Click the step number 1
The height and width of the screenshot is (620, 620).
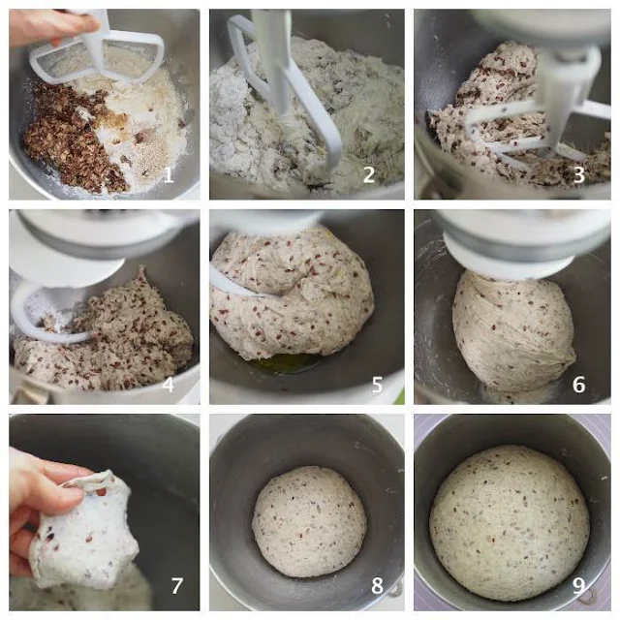click(169, 174)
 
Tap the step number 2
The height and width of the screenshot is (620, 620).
click(369, 174)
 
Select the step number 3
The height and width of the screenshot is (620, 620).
click(579, 174)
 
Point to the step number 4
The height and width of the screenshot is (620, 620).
click(169, 385)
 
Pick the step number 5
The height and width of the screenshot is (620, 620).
click(377, 385)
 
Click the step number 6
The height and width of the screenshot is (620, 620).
click(579, 385)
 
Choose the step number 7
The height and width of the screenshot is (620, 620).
click(176, 586)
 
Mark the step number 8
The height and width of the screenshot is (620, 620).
click(377, 586)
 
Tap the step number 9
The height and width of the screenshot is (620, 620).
click(579, 586)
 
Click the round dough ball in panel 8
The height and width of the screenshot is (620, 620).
click(309, 521)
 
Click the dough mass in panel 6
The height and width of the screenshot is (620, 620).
click(513, 331)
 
